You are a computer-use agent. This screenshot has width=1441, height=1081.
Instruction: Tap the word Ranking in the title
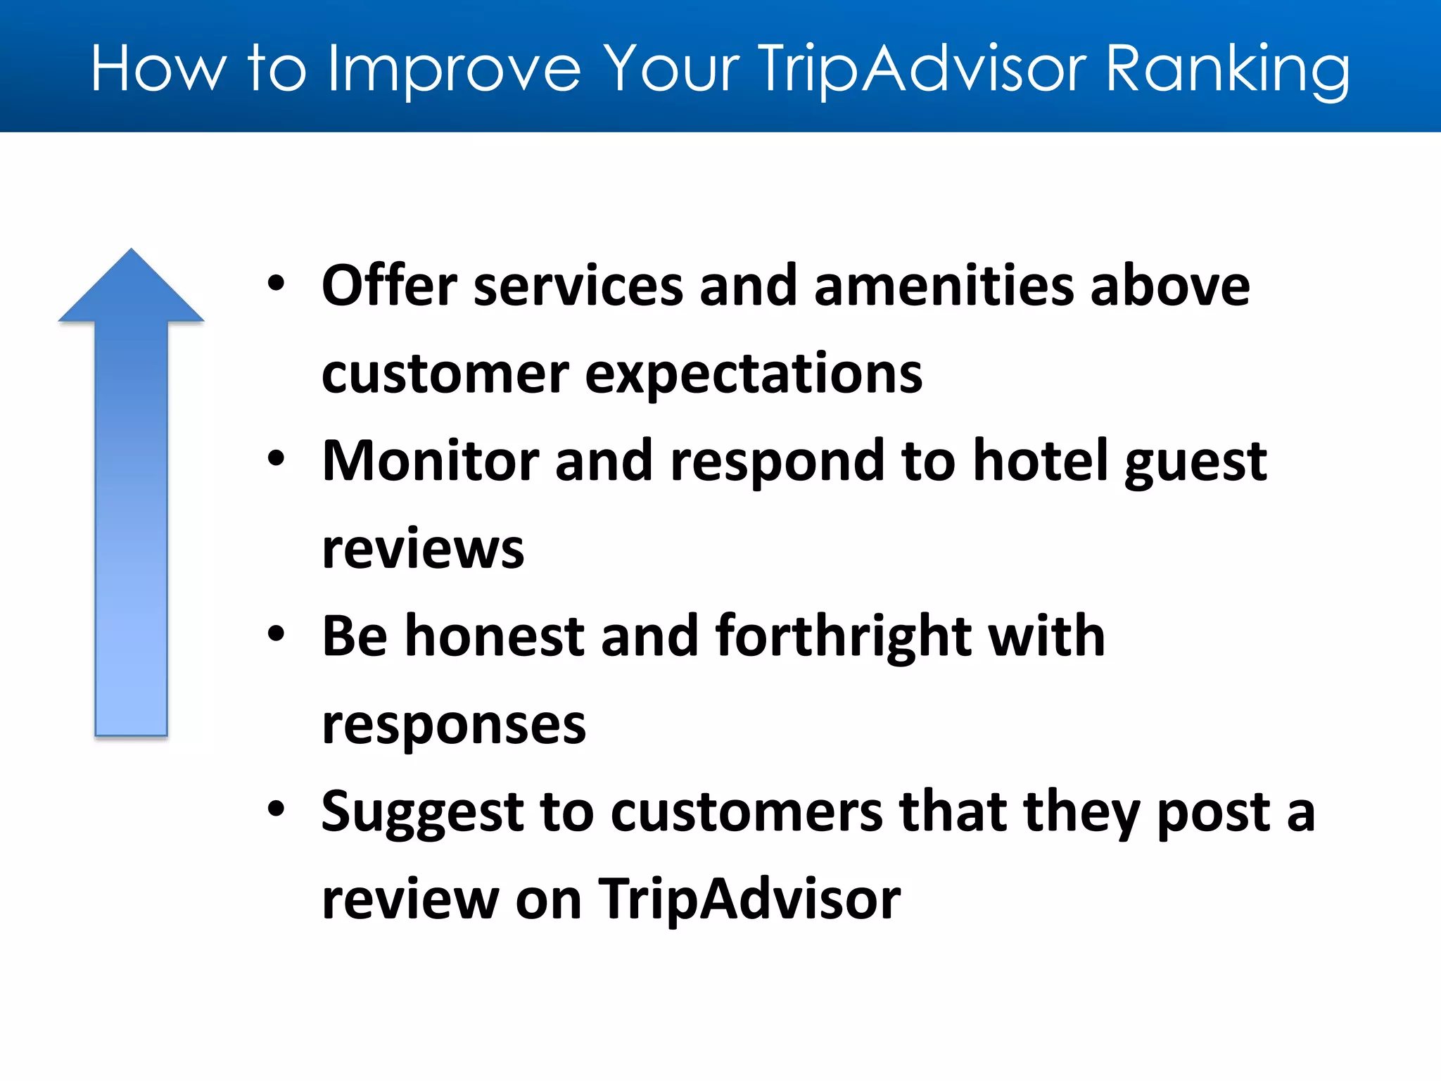coord(1227,69)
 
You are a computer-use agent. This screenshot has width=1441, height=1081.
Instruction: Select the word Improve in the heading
coord(455,69)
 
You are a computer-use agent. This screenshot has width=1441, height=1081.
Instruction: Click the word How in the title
coord(159,69)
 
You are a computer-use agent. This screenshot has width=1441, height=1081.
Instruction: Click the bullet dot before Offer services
coord(277,284)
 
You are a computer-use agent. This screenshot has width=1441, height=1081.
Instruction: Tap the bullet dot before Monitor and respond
coord(277,459)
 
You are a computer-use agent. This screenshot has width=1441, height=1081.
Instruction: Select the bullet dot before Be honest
coord(277,634)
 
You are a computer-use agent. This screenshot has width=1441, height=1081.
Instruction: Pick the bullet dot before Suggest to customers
coord(277,809)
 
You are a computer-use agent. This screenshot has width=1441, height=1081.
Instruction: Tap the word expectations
coord(753,374)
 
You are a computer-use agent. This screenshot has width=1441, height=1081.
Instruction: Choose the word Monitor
coord(429,461)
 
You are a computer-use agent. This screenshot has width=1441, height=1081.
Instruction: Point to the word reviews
coord(423,549)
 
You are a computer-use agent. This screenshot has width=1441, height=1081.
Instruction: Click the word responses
coord(454,725)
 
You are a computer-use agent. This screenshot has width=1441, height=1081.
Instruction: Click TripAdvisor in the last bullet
coord(749,899)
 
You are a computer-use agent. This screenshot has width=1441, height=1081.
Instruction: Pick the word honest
coord(494,636)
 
